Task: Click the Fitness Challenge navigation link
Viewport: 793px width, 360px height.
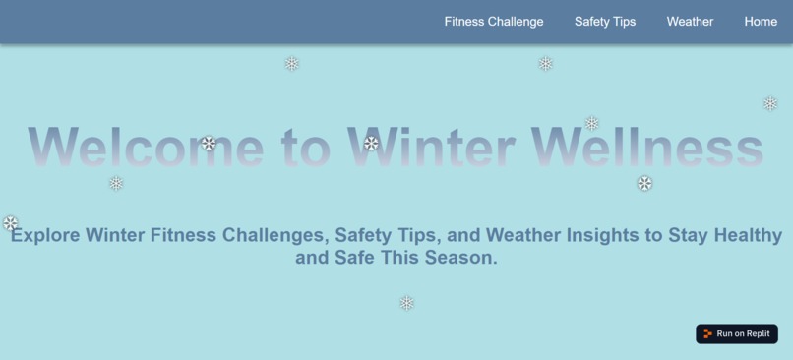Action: pyautogui.click(x=493, y=22)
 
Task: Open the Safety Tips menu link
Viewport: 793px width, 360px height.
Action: pyautogui.click(x=605, y=22)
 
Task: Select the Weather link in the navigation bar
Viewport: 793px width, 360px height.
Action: pyautogui.click(x=690, y=22)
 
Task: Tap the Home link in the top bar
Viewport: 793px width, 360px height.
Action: pyautogui.click(x=761, y=22)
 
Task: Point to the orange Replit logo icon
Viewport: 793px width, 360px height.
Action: pyautogui.click(x=708, y=333)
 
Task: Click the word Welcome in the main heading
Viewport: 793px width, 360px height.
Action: pyautogui.click(x=146, y=148)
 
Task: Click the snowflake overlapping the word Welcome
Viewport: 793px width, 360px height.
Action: pyautogui.click(x=209, y=144)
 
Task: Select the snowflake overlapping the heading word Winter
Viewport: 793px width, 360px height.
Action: pyautogui.click(x=372, y=144)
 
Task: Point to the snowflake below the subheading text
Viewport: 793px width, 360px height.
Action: pyautogui.click(x=407, y=303)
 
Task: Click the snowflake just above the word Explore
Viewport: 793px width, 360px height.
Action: pyautogui.click(x=11, y=223)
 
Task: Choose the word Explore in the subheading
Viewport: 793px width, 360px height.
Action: pyautogui.click(x=45, y=236)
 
